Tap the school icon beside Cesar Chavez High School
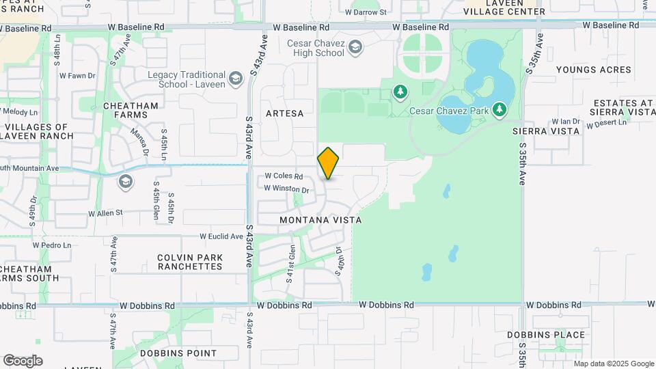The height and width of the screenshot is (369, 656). point(355,47)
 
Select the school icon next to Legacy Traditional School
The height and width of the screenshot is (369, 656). point(235,79)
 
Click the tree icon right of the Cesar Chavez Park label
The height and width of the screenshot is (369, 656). point(500,109)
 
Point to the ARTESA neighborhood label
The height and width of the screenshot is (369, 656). point(284,113)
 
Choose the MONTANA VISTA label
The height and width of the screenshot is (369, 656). point(320,220)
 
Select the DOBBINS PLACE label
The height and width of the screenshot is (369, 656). point(546,335)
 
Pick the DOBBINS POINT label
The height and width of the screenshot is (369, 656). point(178,353)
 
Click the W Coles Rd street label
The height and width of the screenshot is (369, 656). point(284,176)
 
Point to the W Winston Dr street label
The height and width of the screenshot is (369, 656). point(286,189)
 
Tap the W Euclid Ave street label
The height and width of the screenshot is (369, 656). point(221,236)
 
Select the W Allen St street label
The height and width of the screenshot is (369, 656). point(105,213)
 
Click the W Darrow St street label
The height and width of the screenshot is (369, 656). point(366,12)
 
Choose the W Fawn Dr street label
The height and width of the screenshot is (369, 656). point(77,76)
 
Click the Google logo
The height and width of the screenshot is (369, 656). point(23,361)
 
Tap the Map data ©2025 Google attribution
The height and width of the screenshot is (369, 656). point(614,364)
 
